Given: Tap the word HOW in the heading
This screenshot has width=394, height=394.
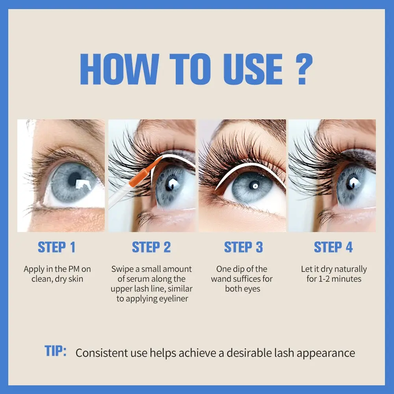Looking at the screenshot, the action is pyautogui.click(x=119, y=69).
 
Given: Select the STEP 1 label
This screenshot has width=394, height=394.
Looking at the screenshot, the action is pyautogui.click(x=56, y=247).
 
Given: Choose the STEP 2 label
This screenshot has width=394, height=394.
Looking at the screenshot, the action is pyautogui.click(x=151, y=247).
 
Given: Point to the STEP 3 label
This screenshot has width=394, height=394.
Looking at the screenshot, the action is pyautogui.click(x=243, y=247).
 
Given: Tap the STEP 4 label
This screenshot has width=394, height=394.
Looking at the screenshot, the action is pyautogui.click(x=333, y=247).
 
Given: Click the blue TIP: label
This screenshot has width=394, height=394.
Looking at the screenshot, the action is pyautogui.click(x=56, y=351).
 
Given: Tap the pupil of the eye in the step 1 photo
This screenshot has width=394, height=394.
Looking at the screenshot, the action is pyautogui.click(x=74, y=179).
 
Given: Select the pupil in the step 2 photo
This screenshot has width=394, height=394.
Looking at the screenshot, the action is pyautogui.click(x=171, y=185).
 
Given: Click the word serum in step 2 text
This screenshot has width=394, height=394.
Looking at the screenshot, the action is pyautogui.click(x=138, y=279).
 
